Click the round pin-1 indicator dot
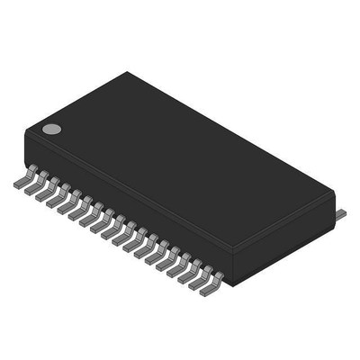pos(52,129)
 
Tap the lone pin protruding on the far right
pos(342,214)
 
